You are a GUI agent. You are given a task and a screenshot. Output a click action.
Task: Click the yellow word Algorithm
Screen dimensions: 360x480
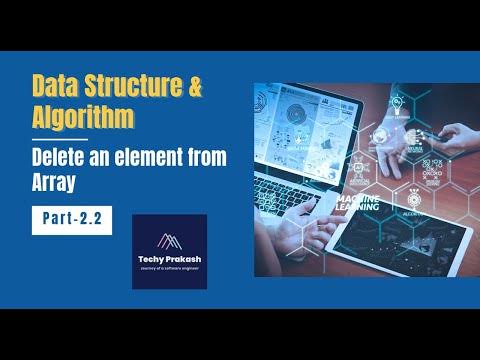point(84,117)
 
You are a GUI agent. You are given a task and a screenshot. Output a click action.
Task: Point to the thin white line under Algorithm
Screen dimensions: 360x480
point(60,139)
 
